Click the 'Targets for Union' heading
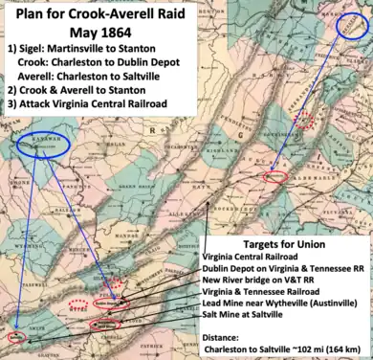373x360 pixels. [285, 240]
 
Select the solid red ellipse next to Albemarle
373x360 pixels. [274, 177]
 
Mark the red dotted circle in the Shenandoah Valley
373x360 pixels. [305, 119]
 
